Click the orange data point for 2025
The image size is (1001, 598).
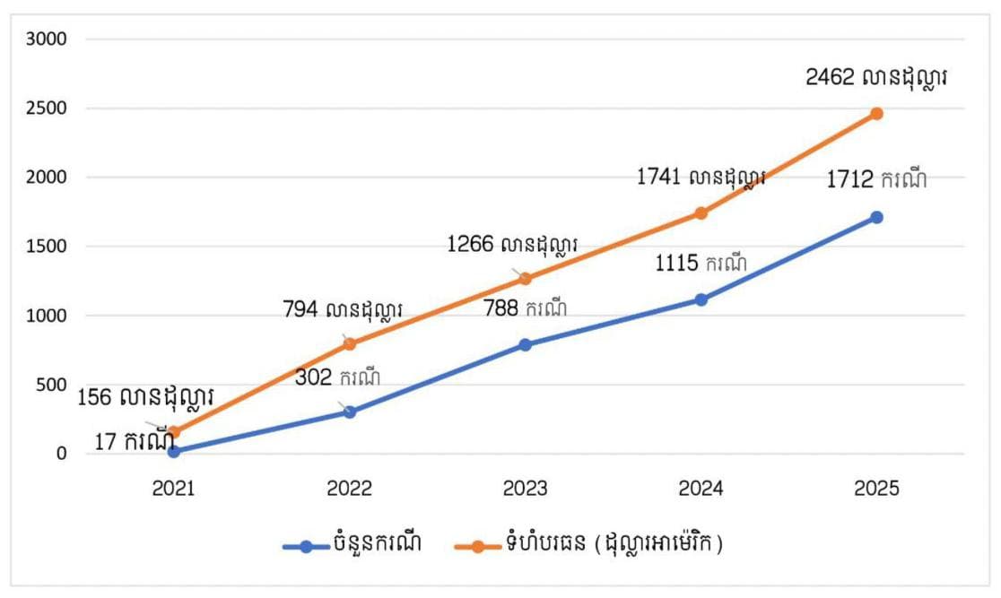pyautogui.click(x=876, y=114)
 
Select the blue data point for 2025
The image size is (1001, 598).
pyautogui.click(x=876, y=217)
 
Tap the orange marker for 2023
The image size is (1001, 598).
pyautogui.click(x=525, y=279)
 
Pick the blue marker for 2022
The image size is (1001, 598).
pyautogui.click(x=350, y=412)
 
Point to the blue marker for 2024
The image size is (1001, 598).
pyautogui.click(x=701, y=299)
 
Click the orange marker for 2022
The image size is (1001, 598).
pyautogui.click(x=350, y=343)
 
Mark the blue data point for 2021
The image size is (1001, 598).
pyautogui.click(x=173, y=451)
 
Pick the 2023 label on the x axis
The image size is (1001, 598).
pyautogui.click(x=525, y=489)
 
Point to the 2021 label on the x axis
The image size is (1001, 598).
pyautogui.click(x=173, y=489)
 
